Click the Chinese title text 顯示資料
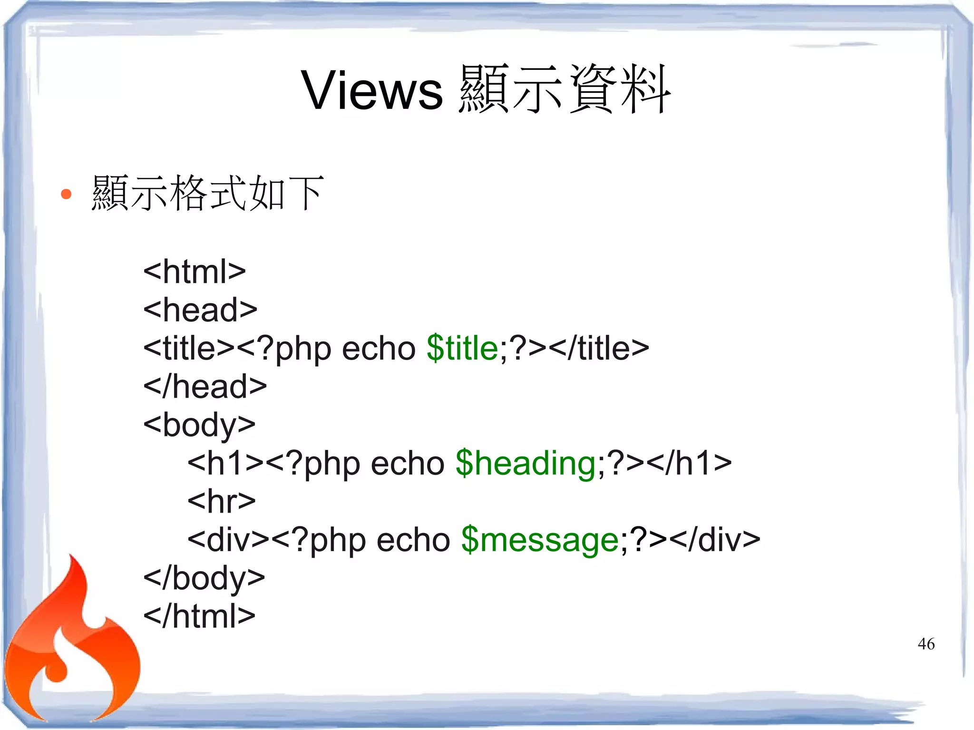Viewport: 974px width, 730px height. point(565,89)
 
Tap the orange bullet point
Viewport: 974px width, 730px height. point(66,194)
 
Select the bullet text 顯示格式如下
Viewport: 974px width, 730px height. point(208,193)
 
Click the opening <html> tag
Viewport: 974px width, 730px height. point(195,272)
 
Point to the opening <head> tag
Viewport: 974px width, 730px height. point(200,310)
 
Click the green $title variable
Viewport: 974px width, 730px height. point(462,348)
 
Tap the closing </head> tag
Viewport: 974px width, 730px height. point(205,386)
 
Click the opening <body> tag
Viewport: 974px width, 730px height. point(199,425)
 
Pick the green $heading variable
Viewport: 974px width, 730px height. point(525,463)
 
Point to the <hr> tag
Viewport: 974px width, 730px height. point(222,501)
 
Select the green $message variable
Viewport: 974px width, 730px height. point(540,540)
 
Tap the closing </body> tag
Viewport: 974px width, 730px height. point(204,578)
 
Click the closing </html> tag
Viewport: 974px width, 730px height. point(199,616)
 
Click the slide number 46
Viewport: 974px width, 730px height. point(925,644)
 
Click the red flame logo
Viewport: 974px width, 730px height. point(71,647)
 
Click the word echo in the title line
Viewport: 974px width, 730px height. point(379,348)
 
